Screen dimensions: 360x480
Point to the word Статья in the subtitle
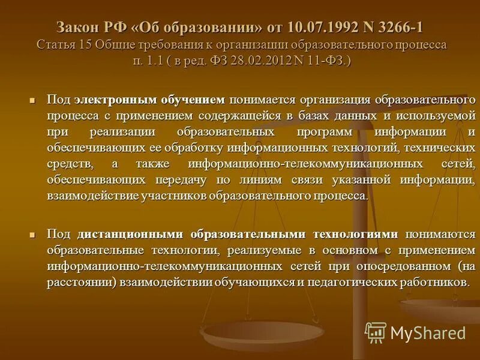tap(57, 45)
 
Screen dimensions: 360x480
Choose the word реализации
tap(124, 131)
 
